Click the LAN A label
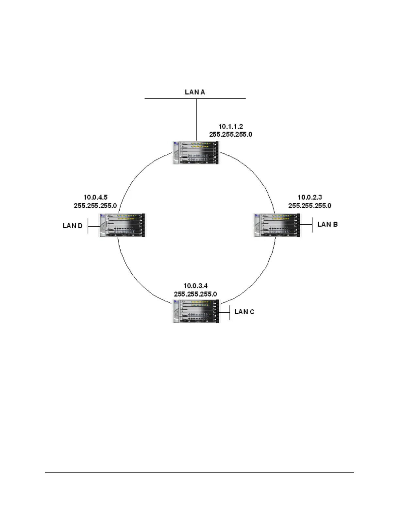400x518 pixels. pos(195,92)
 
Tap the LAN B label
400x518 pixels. pos(327,224)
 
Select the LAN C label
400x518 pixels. pos(244,312)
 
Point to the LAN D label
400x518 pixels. pos(73,226)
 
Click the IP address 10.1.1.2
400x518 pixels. pos(231,127)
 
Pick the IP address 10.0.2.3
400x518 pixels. pos(309,198)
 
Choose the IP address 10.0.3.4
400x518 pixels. pos(195,286)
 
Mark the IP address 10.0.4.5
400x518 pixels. pos(95,198)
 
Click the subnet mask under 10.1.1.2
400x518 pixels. pos(231,134)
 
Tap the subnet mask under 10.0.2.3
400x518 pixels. pos(309,206)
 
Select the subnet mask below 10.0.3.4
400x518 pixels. pos(195,294)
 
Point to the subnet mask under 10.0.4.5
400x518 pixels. pos(95,206)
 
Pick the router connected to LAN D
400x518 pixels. pos(122,225)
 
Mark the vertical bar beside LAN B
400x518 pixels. pos(312,225)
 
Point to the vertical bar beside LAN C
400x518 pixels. pos(230,313)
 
